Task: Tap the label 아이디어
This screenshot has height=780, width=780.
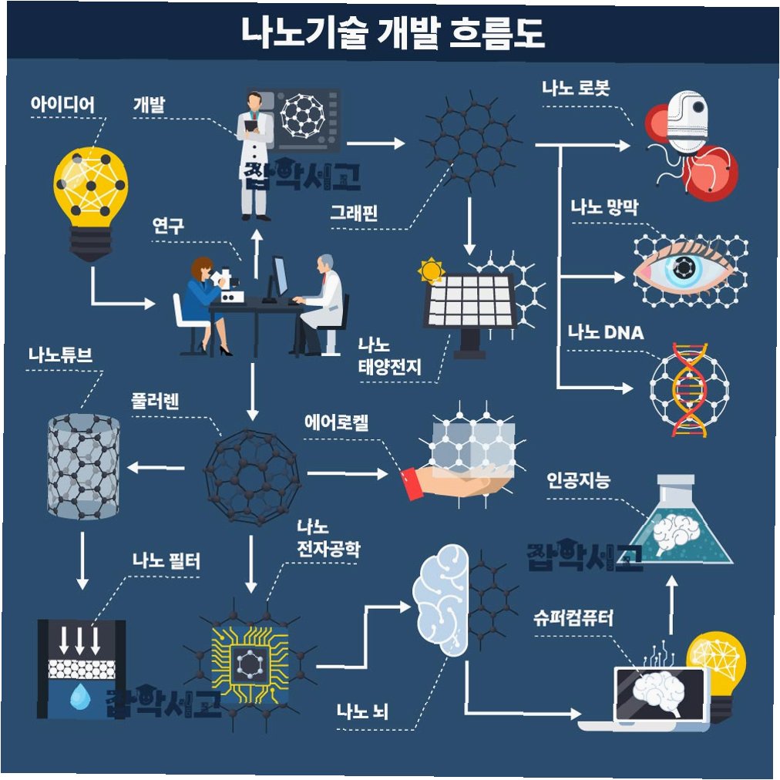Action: tap(62, 104)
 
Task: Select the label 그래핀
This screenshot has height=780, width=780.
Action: tap(353, 212)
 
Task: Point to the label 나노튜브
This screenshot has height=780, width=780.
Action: tap(60, 355)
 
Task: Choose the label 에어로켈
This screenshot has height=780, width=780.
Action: tap(337, 422)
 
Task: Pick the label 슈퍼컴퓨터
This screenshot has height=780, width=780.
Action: tap(573, 618)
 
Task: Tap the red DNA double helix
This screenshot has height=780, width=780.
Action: tap(688, 389)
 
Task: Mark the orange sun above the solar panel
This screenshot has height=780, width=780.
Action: tap(431, 271)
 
